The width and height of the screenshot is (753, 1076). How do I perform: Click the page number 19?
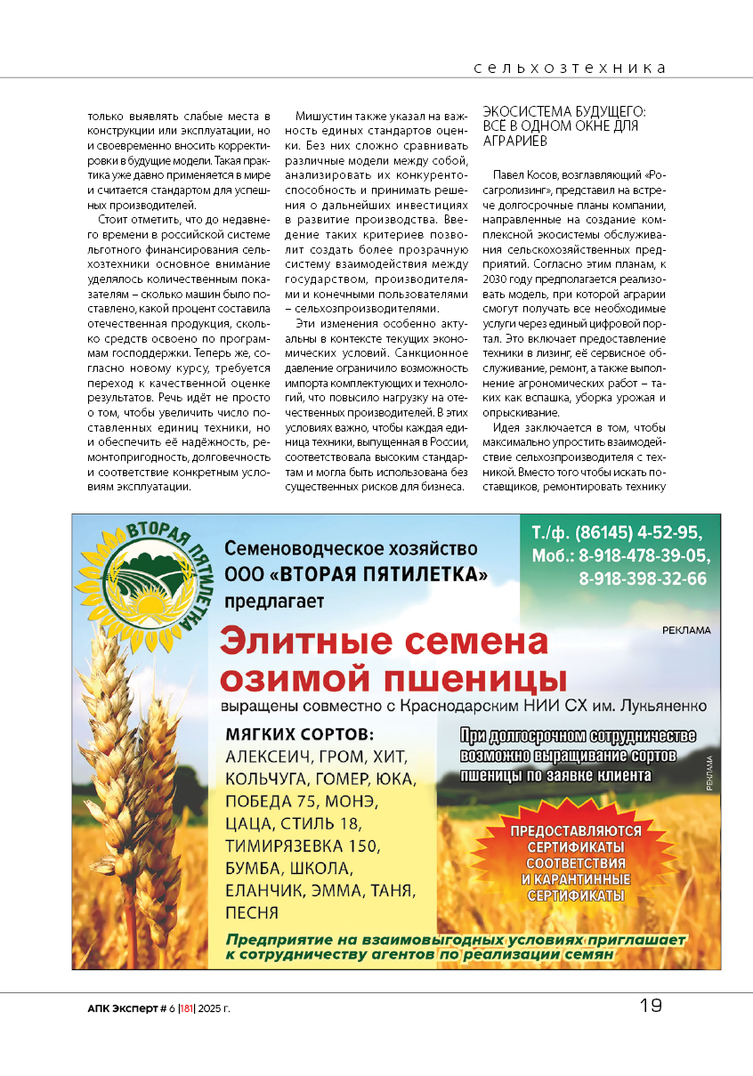point(651,1006)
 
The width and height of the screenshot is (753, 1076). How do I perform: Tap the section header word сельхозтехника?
point(570,68)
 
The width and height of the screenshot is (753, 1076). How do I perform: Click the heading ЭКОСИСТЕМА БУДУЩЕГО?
point(563,112)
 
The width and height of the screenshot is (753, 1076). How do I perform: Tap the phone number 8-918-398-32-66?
point(643,578)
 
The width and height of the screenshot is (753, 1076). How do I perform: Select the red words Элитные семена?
point(384,642)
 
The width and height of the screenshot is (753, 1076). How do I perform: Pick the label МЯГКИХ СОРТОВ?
point(300,735)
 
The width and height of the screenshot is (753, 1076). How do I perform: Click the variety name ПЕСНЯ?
point(252,912)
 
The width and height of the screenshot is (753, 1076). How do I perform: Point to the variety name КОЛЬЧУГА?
point(266,780)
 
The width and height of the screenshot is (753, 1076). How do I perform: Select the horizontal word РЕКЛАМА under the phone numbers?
point(686,630)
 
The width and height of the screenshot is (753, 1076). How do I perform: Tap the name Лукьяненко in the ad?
point(659,706)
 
